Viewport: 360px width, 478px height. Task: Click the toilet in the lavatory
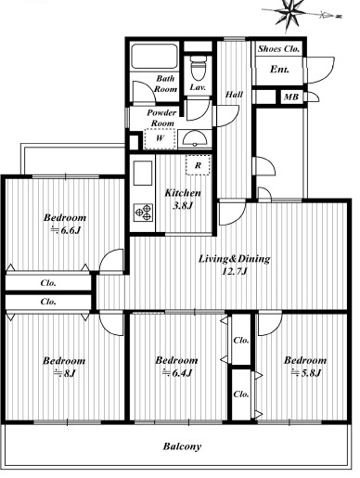point(198,69)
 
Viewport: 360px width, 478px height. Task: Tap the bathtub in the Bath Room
point(154,57)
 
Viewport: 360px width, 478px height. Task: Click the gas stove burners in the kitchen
point(143,213)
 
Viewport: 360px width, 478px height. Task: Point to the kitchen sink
point(143,174)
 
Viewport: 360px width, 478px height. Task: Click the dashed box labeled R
point(198,165)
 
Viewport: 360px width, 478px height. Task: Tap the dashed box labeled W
point(160,138)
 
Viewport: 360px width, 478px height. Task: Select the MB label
point(291,97)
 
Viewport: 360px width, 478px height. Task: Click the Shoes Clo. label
point(278,49)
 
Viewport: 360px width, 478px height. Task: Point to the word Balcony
point(182,446)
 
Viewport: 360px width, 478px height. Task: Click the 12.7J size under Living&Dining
point(235,272)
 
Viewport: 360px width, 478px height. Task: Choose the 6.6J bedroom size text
point(66,230)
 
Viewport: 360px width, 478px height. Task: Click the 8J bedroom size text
point(65,373)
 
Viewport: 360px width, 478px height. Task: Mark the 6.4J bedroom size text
point(177,373)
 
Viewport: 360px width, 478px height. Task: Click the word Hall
point(234,95)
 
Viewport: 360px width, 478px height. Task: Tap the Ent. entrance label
point(280,70)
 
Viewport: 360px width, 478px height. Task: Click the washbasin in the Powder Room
point(194,139)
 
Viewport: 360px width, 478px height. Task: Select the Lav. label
point(198,87)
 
